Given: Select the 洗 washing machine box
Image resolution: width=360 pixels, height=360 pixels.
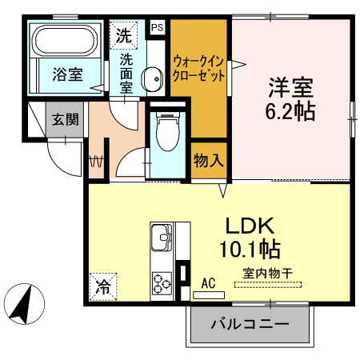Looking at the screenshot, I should click(123, 35).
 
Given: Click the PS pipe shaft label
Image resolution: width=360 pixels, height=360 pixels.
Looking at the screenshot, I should click(156, 26).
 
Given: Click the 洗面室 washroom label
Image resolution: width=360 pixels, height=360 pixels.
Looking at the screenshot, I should click(126, 73).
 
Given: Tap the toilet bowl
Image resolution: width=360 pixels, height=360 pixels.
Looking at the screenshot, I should click(166, 132).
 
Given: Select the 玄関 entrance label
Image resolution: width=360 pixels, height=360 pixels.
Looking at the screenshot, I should click(65, 120).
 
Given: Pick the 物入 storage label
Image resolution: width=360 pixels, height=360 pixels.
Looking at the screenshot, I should click(209, 160).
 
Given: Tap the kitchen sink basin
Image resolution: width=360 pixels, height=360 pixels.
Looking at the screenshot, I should click(160, 238).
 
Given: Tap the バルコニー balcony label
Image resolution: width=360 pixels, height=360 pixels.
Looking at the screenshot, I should click(250, 325).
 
